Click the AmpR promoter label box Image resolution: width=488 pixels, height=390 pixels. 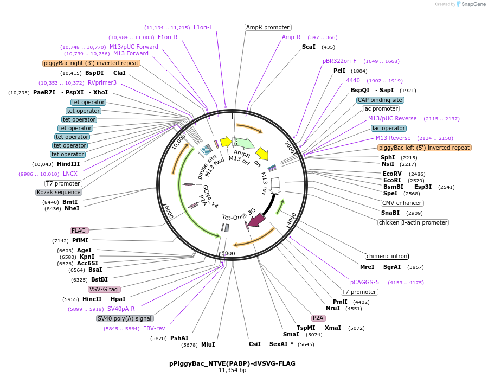[x=268, y=27]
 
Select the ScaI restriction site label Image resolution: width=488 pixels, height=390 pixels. [x=309, y=47]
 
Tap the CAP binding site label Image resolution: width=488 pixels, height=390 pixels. [x=380, y=100]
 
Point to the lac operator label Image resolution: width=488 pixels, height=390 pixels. [x=389, y=128]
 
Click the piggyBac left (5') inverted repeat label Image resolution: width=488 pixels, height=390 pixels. [x=424, y=148]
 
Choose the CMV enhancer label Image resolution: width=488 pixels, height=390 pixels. [x=402, y=203]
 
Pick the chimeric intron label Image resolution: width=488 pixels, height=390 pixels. [x=387, y=256]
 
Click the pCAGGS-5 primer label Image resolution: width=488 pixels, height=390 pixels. [x=364, y=282]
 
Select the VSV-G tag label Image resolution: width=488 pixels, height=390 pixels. [x=104, y=290]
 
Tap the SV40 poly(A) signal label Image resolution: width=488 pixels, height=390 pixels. [x=125, y=319]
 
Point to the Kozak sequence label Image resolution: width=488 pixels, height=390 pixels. [x=59, y=193]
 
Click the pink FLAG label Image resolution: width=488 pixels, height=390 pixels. [x=79, y=231]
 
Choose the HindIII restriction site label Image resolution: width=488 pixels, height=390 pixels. [x=68, y=164]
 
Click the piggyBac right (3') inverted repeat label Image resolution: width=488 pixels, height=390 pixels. [x=91, y=63]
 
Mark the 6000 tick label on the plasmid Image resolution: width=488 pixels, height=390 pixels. [x=228, y=253]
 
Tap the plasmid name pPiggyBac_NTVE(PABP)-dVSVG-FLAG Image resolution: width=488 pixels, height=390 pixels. [x=232, y=363]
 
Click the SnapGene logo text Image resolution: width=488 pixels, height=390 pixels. [x=473, y=4]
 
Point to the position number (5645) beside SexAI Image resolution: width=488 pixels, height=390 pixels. [x=306, y=344]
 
